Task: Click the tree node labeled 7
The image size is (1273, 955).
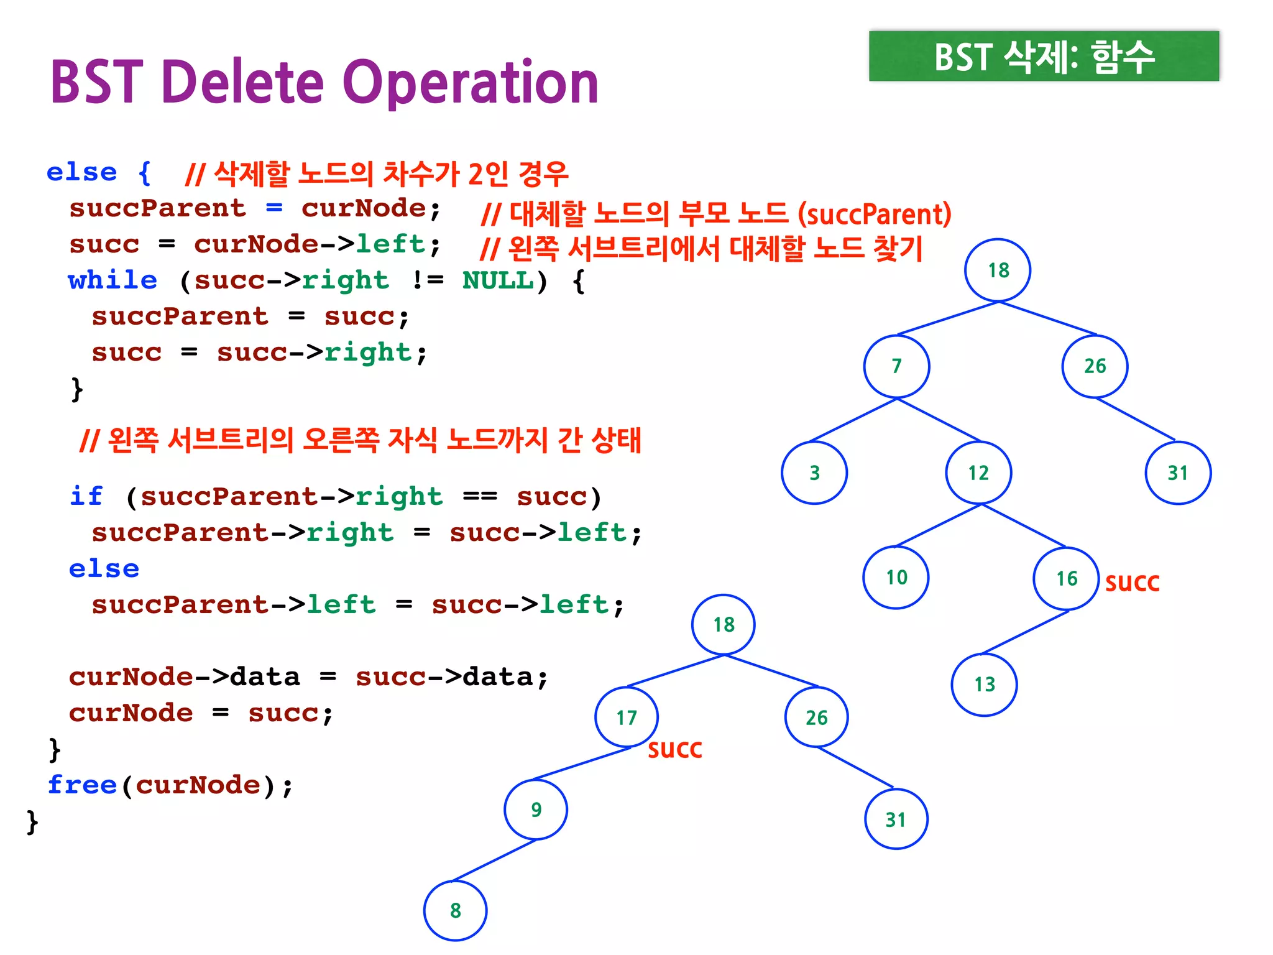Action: point(896,366)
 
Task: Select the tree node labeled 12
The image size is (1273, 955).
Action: point(978,473)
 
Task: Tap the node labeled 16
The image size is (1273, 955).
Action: point(1067,579)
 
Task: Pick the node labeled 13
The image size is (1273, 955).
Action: point(985,685)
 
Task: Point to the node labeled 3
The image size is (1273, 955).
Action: point(814,473)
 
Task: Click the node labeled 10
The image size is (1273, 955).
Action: point(896,578)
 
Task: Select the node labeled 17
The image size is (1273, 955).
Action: point(627,717)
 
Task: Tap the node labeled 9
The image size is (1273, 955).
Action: point(536,810)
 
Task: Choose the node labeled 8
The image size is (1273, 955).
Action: point(456,911)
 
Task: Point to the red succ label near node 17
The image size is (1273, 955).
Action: point(675,749)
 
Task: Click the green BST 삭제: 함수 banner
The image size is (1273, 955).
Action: point(1044,57)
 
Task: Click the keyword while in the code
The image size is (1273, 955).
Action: point(113,280)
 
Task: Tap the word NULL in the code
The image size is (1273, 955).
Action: point(498,280)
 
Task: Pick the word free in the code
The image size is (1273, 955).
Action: point(83,785)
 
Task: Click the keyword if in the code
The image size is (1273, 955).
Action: point(86,497)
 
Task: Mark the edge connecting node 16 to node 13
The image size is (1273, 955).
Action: point(1026,632)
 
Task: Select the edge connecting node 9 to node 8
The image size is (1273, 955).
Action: point(495,860)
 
